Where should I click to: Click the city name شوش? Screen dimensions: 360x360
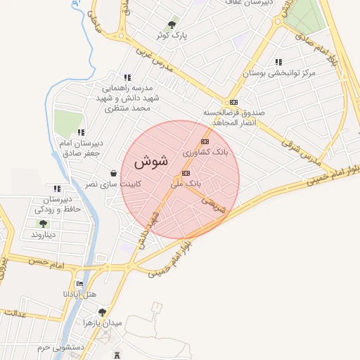point(150,161)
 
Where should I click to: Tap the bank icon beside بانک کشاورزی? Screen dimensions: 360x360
point(205,141)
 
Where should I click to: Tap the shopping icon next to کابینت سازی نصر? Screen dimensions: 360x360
point(114,173)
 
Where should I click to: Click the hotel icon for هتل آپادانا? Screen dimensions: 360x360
point(79,283)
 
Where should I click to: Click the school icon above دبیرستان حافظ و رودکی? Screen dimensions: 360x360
point(56,188)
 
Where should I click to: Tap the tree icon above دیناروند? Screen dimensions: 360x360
point(44,224)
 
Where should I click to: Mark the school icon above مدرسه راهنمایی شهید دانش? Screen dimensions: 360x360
point(127,78)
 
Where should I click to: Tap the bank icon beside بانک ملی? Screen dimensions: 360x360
point(186,173)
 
